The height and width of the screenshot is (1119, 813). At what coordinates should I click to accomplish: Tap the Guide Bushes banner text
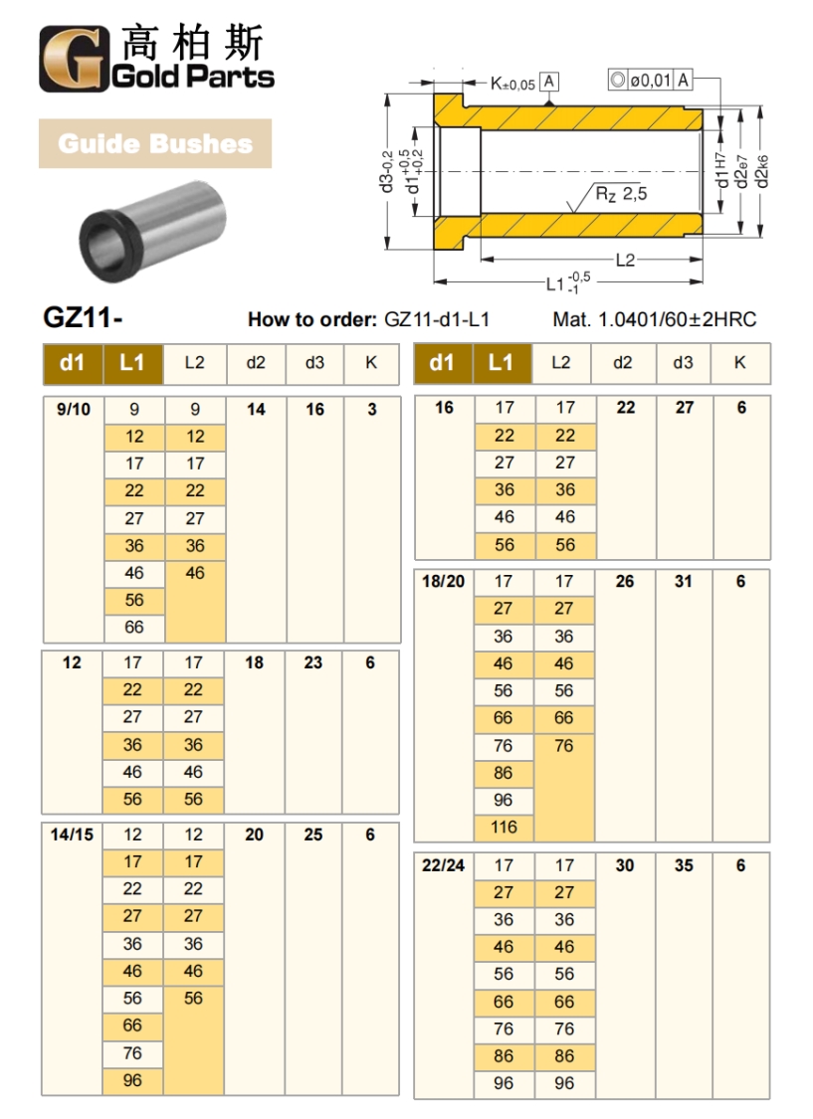pyautogui.click(x=154, y=143)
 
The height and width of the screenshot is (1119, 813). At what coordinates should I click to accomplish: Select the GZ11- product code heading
pyautogui.click(x=82, y=318)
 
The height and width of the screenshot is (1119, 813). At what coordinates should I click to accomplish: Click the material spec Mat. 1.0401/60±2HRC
pyautogui.click(x=654, y=319)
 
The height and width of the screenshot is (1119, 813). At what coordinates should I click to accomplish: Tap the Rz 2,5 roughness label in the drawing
pyautogui.click(x=621, y=194)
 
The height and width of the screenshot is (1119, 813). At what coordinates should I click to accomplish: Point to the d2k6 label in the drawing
pyautogui.click(x=762, y=174)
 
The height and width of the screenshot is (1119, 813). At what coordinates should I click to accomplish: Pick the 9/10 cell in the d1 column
pyautogui.click(x=72, y=409)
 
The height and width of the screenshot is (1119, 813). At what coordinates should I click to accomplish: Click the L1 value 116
pyautogui.click(x=504, y=827)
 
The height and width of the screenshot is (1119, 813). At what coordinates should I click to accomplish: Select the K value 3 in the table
pyautogui.click(x=371, y=409)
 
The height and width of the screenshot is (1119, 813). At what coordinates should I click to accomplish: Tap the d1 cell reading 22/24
pyautogui.click(x=443, y=865)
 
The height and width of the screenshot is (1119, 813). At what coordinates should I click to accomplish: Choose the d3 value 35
pyautogui.click(x=684, y=865)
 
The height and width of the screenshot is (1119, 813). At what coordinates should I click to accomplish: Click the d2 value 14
pyautogui.click(x=256, y=409)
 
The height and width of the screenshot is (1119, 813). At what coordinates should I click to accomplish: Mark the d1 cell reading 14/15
pyautogui.click(x=72, y=835)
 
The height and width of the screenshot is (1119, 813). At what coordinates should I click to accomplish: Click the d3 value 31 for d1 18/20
pyautogui.click(x=683, y=581)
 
